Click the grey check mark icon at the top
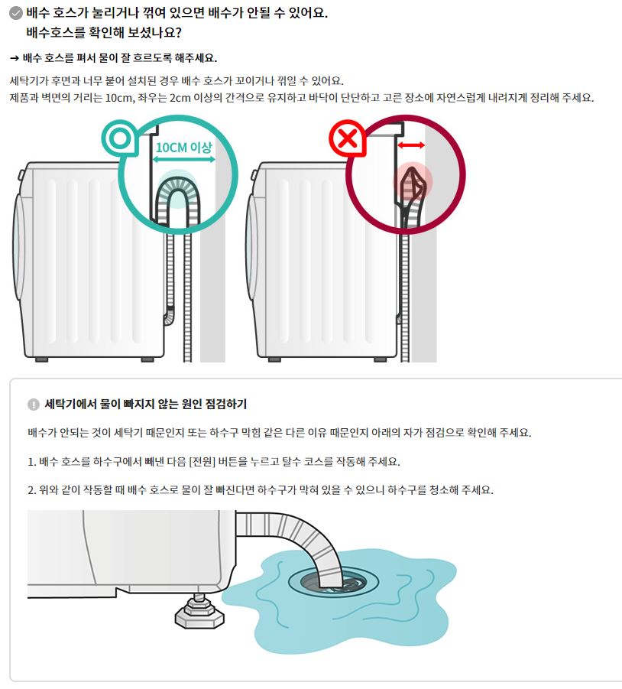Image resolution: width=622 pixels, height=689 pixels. (x=16, y=13)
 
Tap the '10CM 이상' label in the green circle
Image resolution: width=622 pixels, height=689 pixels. (x=184, y=147)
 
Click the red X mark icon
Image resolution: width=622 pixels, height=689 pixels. (x=348, y=139)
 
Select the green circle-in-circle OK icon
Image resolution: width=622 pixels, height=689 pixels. (x=120, y=138)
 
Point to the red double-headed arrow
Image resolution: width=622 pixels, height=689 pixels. (x=411, y=145)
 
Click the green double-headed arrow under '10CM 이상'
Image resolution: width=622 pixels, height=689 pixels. (x=183, y=160)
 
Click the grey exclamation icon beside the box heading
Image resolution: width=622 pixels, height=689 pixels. (x=34, y=405)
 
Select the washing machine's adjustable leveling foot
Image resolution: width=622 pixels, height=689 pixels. (x=199, y=612)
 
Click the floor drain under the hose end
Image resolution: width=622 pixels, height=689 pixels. (x=333, y=582)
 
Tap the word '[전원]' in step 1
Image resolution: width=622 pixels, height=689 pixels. (x=202, y=461)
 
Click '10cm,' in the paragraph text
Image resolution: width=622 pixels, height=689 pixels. (x=119, y=98)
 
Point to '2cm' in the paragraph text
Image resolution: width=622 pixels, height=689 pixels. (x=180, y=98)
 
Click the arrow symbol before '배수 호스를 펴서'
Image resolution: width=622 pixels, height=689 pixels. (x=15, y=58)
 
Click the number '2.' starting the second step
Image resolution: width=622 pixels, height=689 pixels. (x=32, y=490)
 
